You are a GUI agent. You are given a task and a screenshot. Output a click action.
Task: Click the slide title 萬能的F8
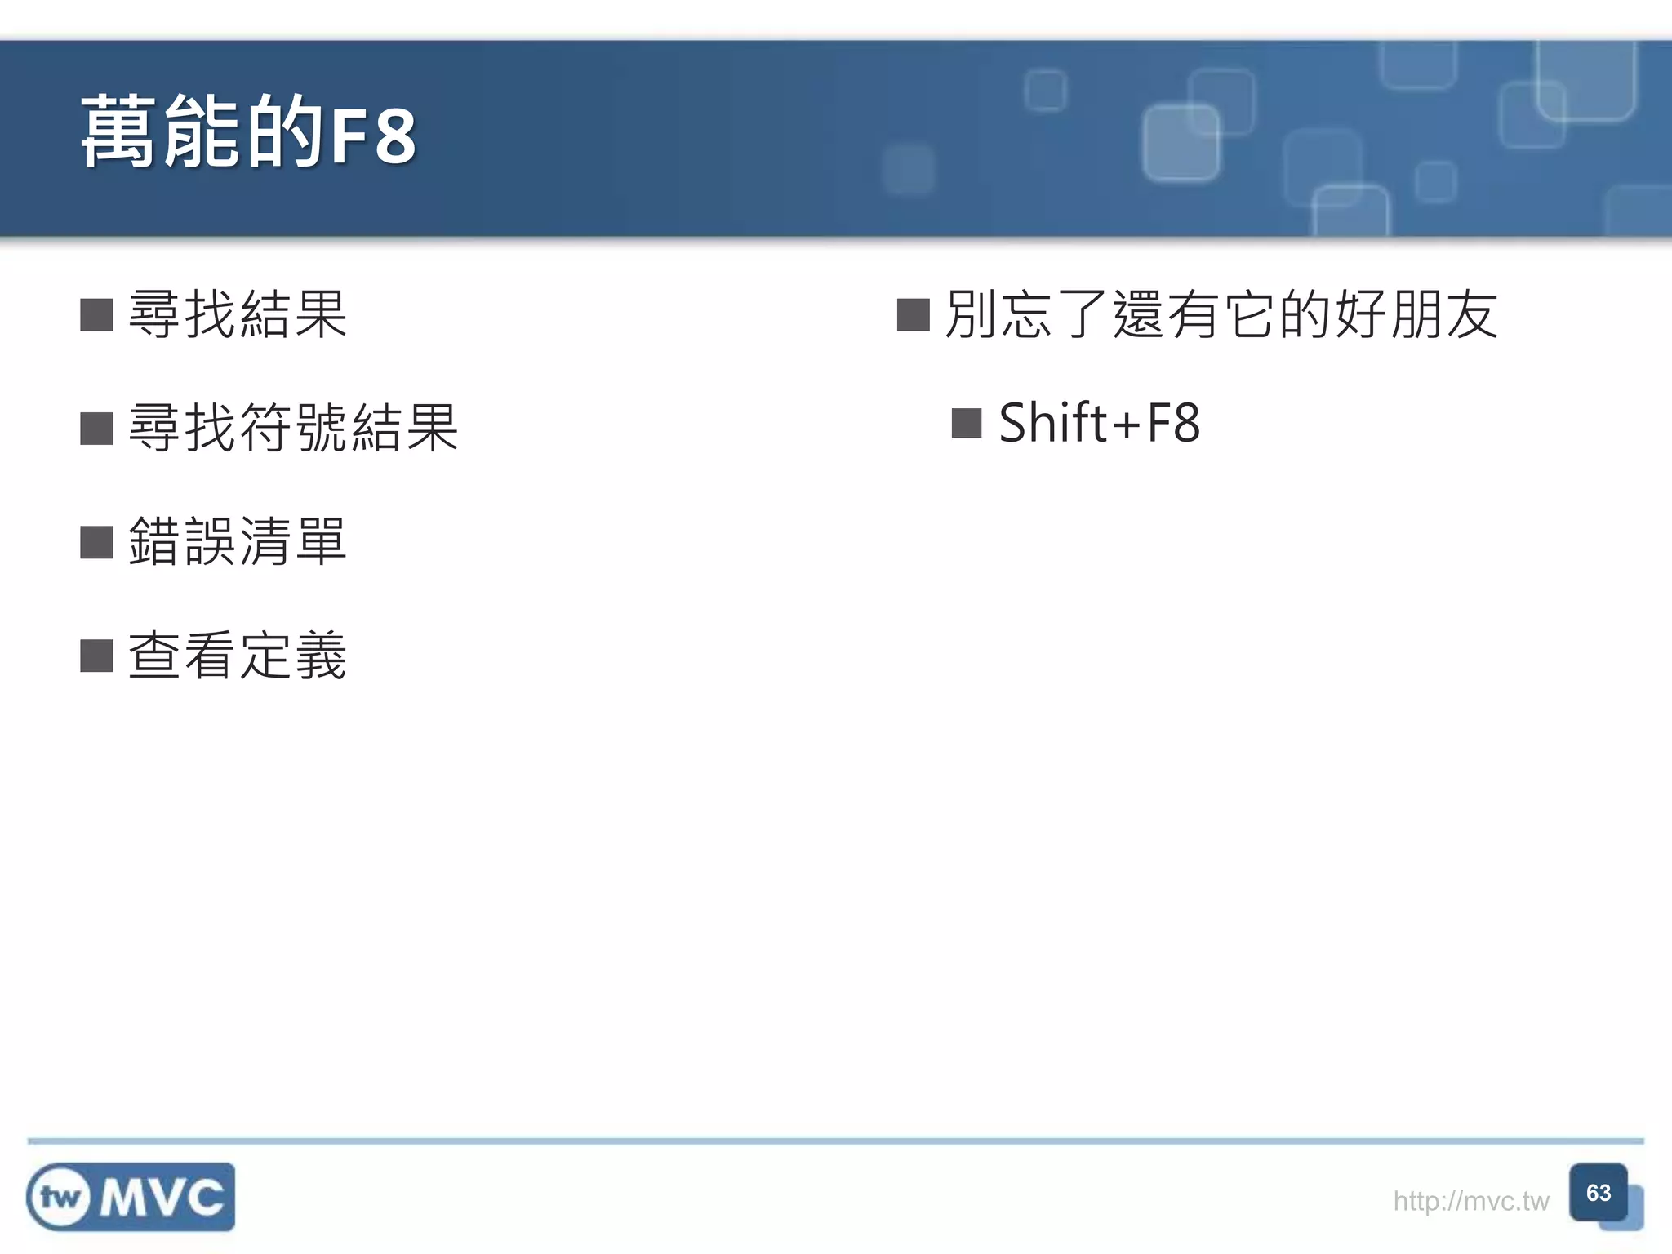[248, 133]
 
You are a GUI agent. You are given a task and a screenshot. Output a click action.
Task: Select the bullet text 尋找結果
[238, 314]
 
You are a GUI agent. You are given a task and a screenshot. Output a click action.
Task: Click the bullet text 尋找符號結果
[293, 428]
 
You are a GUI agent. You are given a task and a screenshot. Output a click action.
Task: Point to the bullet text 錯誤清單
[238, 541]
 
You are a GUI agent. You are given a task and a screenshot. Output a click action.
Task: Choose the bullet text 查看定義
[238, 655]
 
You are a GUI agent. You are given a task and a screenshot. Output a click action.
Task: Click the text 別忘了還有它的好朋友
[1221, 314]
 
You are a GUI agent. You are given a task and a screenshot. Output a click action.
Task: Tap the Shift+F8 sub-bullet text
[1099, 424]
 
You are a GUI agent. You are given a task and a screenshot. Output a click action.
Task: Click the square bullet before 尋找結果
[96, 315]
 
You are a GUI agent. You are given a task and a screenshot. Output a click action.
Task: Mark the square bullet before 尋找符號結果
[96, 429]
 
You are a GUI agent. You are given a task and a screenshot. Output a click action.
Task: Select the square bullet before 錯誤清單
[96, 542]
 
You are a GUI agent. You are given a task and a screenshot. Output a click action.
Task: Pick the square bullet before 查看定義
[96, 656]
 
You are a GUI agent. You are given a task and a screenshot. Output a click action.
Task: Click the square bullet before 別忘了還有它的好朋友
[913, 315]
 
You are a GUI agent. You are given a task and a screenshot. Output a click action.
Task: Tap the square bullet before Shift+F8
[967, 424]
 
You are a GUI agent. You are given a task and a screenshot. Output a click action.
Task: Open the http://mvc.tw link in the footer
[1470, 1201]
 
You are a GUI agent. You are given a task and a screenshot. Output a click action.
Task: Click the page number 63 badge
[1599, 1194]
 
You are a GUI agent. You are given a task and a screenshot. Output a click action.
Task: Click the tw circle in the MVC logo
[59, 1198]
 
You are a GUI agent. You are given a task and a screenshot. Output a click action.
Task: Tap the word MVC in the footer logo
[162, 1198]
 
